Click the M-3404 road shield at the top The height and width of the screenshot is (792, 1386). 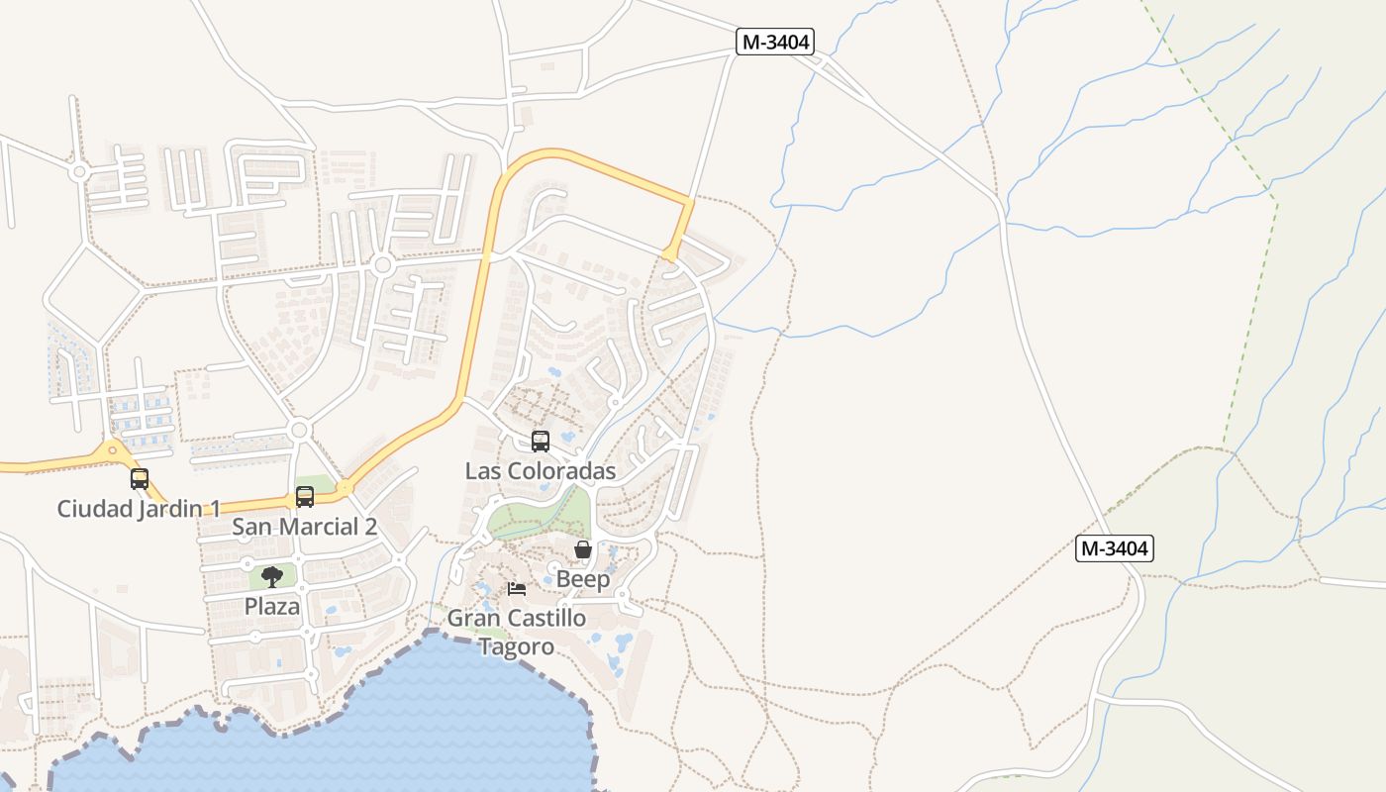[x=775, y=42]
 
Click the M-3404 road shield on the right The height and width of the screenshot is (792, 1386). [x=1115, y=548]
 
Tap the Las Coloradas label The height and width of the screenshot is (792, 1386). [x=541, y=471]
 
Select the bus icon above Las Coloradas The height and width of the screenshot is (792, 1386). [x=541, y=442]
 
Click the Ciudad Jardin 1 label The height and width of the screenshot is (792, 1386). [x=139, y=509]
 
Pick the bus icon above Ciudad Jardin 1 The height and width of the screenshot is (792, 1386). [x=140, y=479]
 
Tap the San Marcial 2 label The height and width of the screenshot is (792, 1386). [x=304, y=527]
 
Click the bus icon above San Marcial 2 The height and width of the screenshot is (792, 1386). [x=305, y=497]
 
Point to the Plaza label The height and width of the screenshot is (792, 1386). [x=272, y=606]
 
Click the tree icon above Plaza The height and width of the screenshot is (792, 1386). [x=272, y=577]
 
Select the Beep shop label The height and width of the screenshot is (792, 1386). [x=583, y=579]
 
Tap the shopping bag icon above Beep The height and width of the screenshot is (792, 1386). [x=583, y=549]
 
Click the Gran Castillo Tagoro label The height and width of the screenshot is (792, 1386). [x=517, y=632]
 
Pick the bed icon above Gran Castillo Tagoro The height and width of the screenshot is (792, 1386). [x=517, y=589]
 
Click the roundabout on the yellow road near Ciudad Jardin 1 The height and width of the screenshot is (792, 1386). [x=112, y=450]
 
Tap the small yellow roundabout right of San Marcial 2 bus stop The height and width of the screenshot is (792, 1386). [x=345, y=488]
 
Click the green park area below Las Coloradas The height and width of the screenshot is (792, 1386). [x=535, y=521]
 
